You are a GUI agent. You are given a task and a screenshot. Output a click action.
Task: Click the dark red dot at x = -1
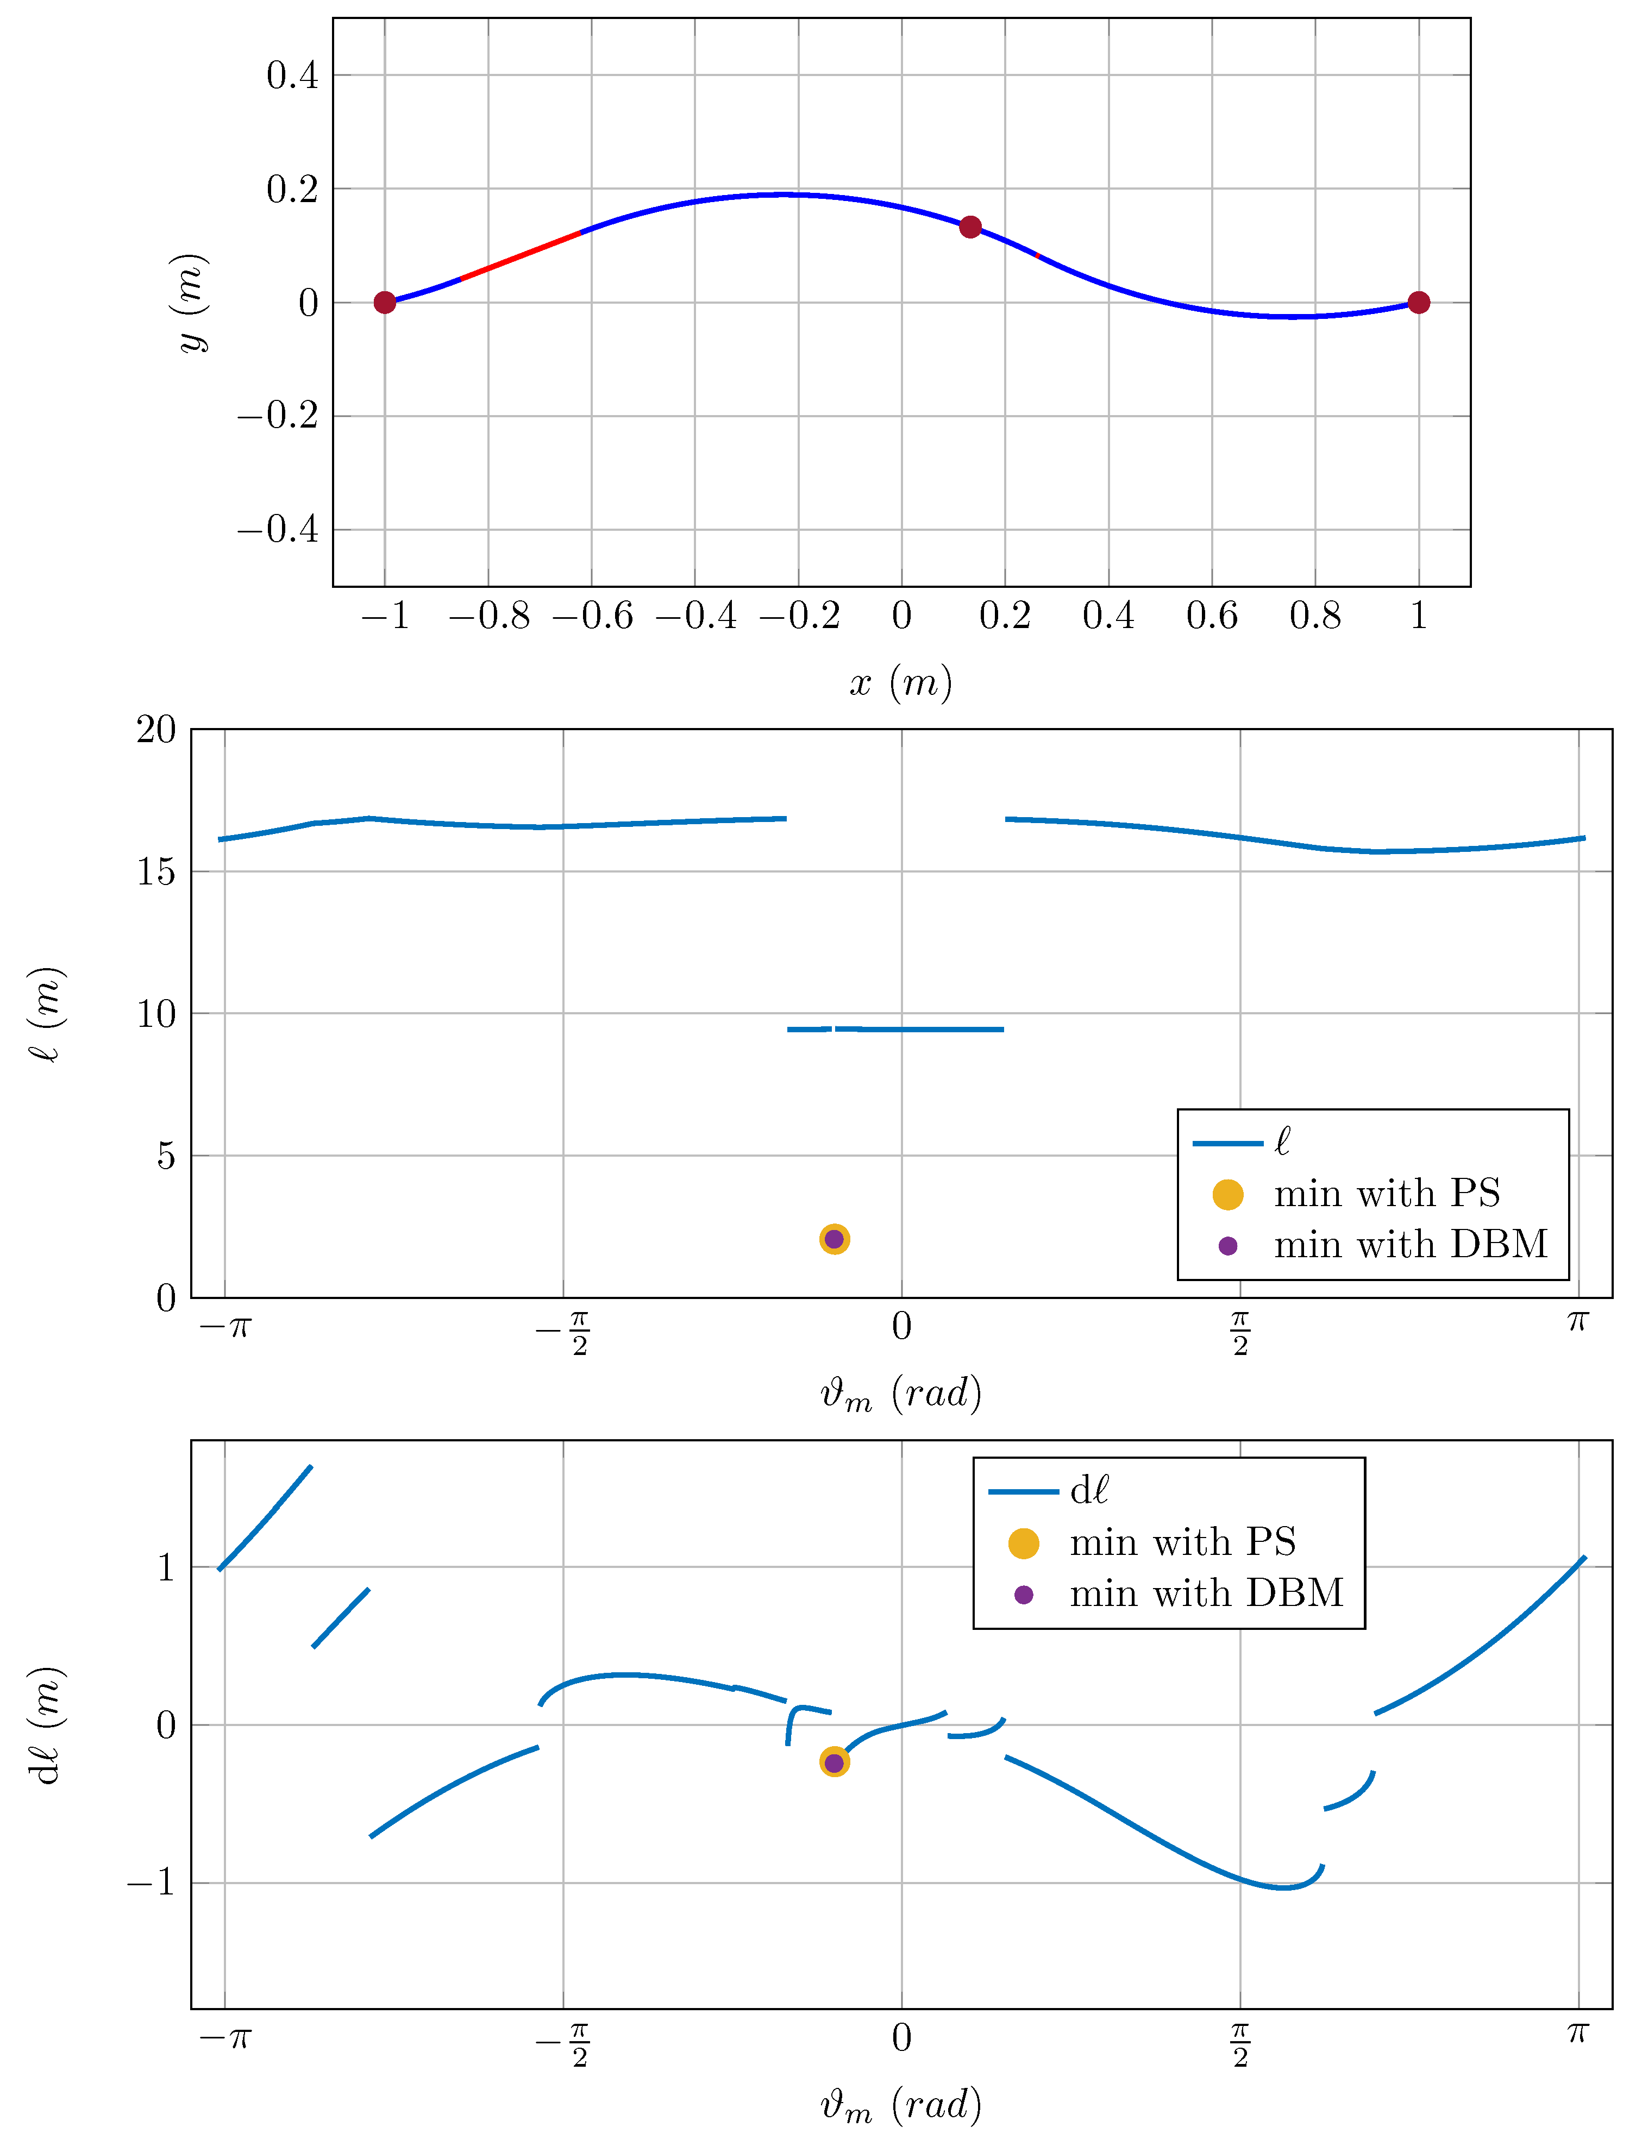pyautogui.click(x=385, y=303)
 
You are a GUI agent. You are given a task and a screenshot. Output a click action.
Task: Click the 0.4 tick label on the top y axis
pyautogui.click(x=292, y=76)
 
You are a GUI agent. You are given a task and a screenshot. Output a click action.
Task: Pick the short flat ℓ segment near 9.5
pyautogui.click(x=919, y=1029)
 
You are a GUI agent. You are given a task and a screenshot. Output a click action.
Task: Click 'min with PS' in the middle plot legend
pyautogui.click(x=1386, y=1194)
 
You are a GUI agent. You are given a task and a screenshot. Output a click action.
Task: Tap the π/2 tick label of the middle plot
pyautogui.click(x=1240, y=1333)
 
